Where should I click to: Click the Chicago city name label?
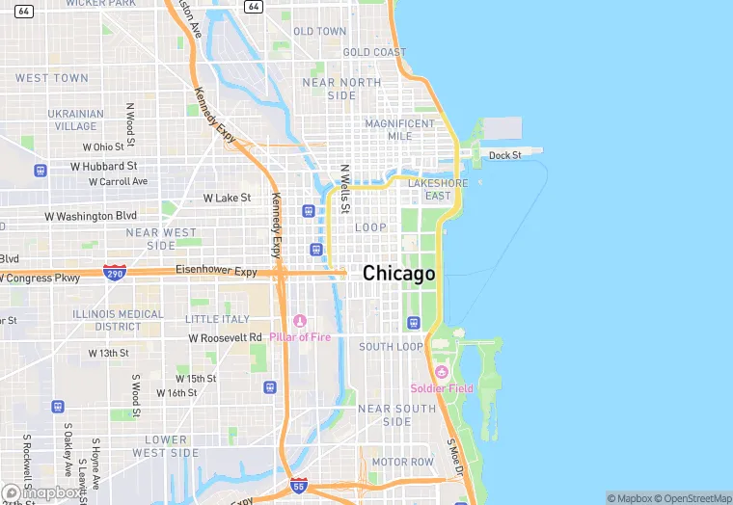[398, 274]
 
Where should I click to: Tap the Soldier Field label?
[442, 388]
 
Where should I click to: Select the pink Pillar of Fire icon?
[299, 321]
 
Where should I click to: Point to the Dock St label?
[504, 155]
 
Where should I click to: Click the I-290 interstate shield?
[115, 274]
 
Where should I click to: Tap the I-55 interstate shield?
[299, 488]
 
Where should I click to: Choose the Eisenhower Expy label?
[217, 272]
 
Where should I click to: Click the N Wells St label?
[344, 187]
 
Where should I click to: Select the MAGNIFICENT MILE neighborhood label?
[399, 129]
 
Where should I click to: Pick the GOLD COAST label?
[374, 52]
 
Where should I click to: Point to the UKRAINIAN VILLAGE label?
[75, 120]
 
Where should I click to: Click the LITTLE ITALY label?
[217, 319]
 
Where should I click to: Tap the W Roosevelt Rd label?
[225, 338]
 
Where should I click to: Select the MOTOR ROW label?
[403, 462]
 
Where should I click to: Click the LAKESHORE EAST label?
[437, 189]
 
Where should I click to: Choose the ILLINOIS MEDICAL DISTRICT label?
[117, 320]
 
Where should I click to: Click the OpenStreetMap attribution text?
[692, 498]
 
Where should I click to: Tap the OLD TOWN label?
[319, 32]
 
